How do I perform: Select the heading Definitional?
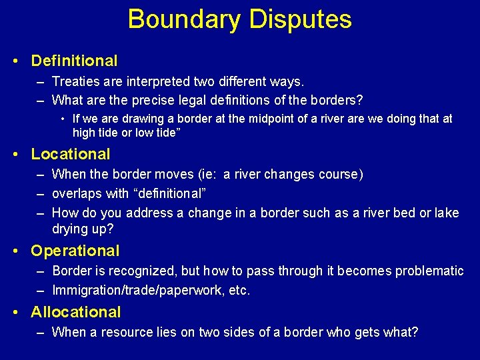coord(74,61)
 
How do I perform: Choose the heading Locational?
coord(71,154)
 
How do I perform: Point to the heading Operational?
coord(75,251)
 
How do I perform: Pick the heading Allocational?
coord(76,312)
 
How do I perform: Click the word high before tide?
coord(84,133)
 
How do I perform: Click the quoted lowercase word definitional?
coord(164,193)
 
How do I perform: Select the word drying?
coord(70,229)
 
